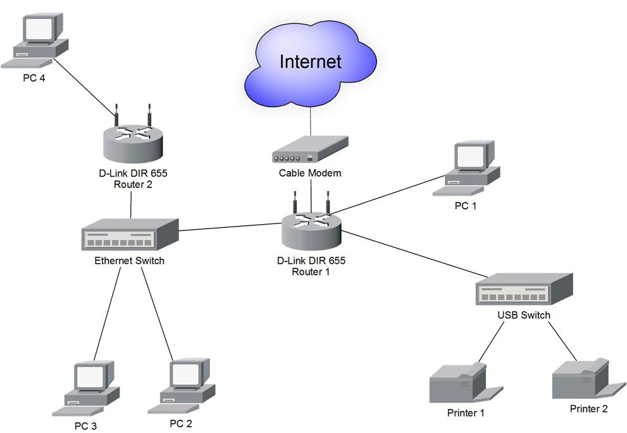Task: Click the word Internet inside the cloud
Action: (310, 61)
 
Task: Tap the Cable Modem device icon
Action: (309, 151)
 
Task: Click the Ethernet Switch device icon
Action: (130, 235)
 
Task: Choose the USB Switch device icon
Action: (524, 291)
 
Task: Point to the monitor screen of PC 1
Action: (470, 156)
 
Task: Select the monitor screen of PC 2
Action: (185, 375)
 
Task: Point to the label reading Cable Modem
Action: (310, 173)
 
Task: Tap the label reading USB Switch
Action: (524, 315)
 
